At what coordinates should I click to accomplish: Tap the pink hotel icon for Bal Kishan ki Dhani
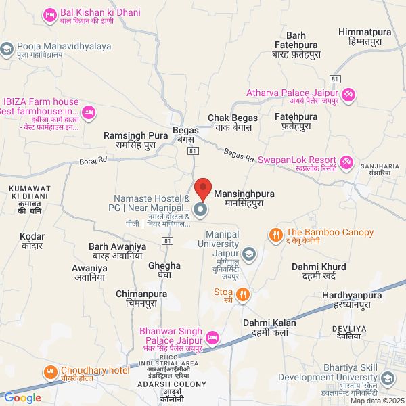pos(49,14)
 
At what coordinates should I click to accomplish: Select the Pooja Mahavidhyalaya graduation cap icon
pos(7,49)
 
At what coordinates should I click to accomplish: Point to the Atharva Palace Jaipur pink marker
pos(348,94)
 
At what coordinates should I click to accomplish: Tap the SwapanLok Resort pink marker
pos(346,162)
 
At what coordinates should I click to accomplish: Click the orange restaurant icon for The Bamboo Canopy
pos(275,235)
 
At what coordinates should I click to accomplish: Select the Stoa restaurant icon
pos(244,294)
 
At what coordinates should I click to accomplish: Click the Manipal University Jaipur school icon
pos(249,254)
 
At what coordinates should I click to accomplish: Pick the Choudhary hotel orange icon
pos(50,372)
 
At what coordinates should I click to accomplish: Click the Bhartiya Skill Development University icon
pos(388,378)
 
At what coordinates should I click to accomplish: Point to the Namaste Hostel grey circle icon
pos(201,210)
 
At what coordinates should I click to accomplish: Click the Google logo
pos(22,398)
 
